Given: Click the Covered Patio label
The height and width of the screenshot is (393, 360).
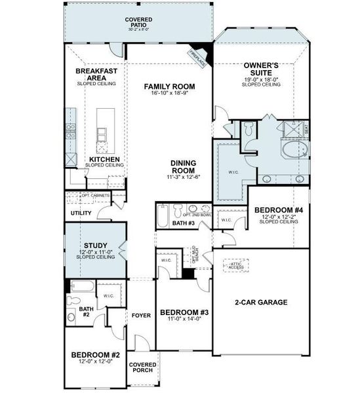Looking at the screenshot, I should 138,23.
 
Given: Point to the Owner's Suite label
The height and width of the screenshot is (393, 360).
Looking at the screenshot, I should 262,69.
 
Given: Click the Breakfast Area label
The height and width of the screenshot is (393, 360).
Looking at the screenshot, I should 96,74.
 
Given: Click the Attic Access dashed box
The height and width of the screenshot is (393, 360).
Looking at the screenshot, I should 235,265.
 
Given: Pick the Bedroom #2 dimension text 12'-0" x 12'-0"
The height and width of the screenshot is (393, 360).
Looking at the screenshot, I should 96,362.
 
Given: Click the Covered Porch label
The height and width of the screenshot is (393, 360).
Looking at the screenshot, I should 142,367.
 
